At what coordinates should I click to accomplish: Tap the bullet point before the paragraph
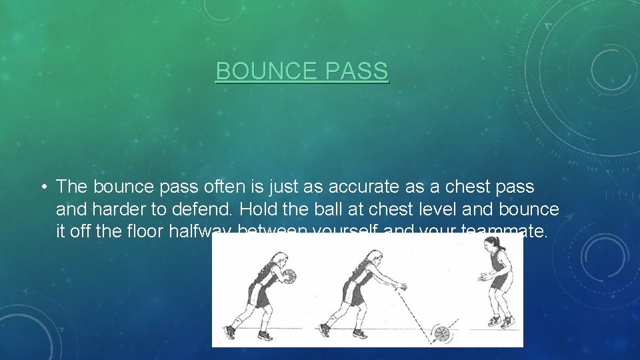(x=41, y=187)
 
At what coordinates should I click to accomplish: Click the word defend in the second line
(x=197, y=209)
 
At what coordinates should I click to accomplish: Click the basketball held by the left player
(x=289, y=275)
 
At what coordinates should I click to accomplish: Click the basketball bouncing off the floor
(x=441, y=333)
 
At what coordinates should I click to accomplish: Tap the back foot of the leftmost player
(x=231, y=331)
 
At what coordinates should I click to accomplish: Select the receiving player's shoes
(x=501, y=321)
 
